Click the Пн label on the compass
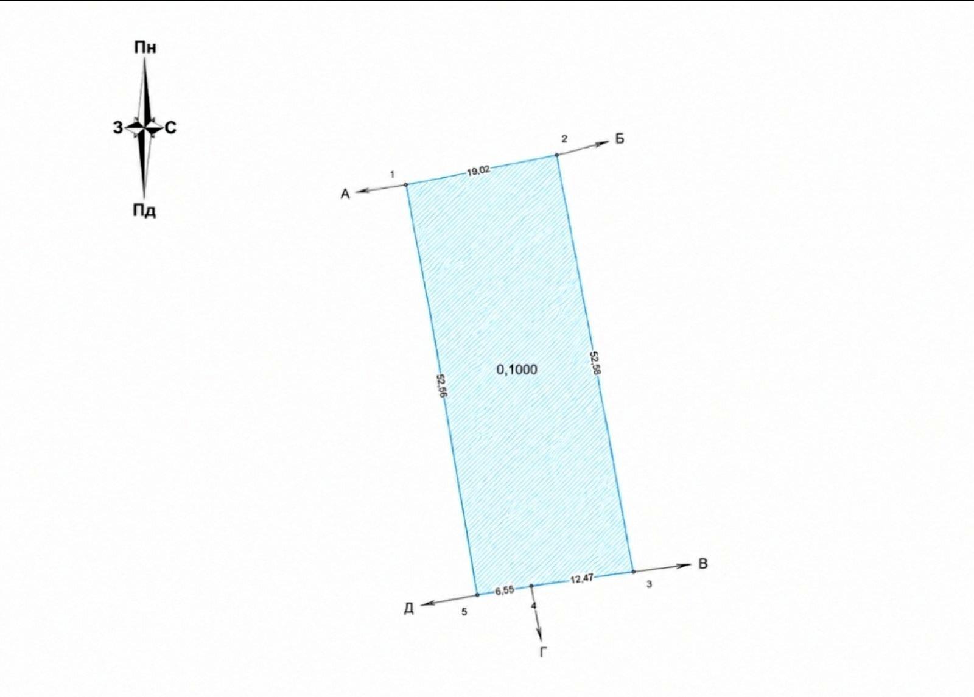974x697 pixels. pos(145,47)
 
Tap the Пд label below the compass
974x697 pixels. pos(144,211)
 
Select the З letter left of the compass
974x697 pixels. pos(118,128)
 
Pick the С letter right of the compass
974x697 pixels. pos(171,128)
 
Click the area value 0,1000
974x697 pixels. pos(517,370)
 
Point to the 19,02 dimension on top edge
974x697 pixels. pos(478,171)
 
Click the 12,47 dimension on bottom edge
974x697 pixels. pos(582,579)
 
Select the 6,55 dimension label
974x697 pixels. pos(505,590)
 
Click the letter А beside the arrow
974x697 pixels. pos(345,194)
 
